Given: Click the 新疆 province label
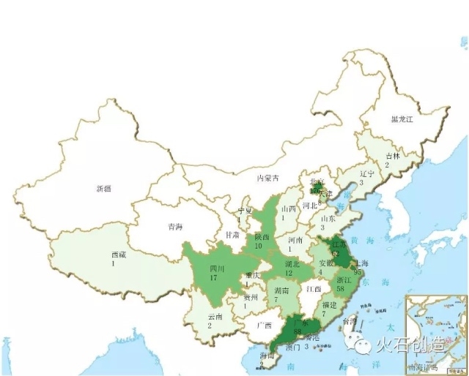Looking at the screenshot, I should [x=103, y=189].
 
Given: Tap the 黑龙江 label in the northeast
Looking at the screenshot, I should [x=402, y=119].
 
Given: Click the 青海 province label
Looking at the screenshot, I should [x=175, y=227].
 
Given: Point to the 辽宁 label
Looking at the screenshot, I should [x=367, y=174].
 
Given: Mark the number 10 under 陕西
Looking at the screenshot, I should [x=258, y=246].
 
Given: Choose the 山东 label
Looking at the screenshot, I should [x=328, y=218].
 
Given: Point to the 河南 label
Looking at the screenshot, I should [x=295, y=239].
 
